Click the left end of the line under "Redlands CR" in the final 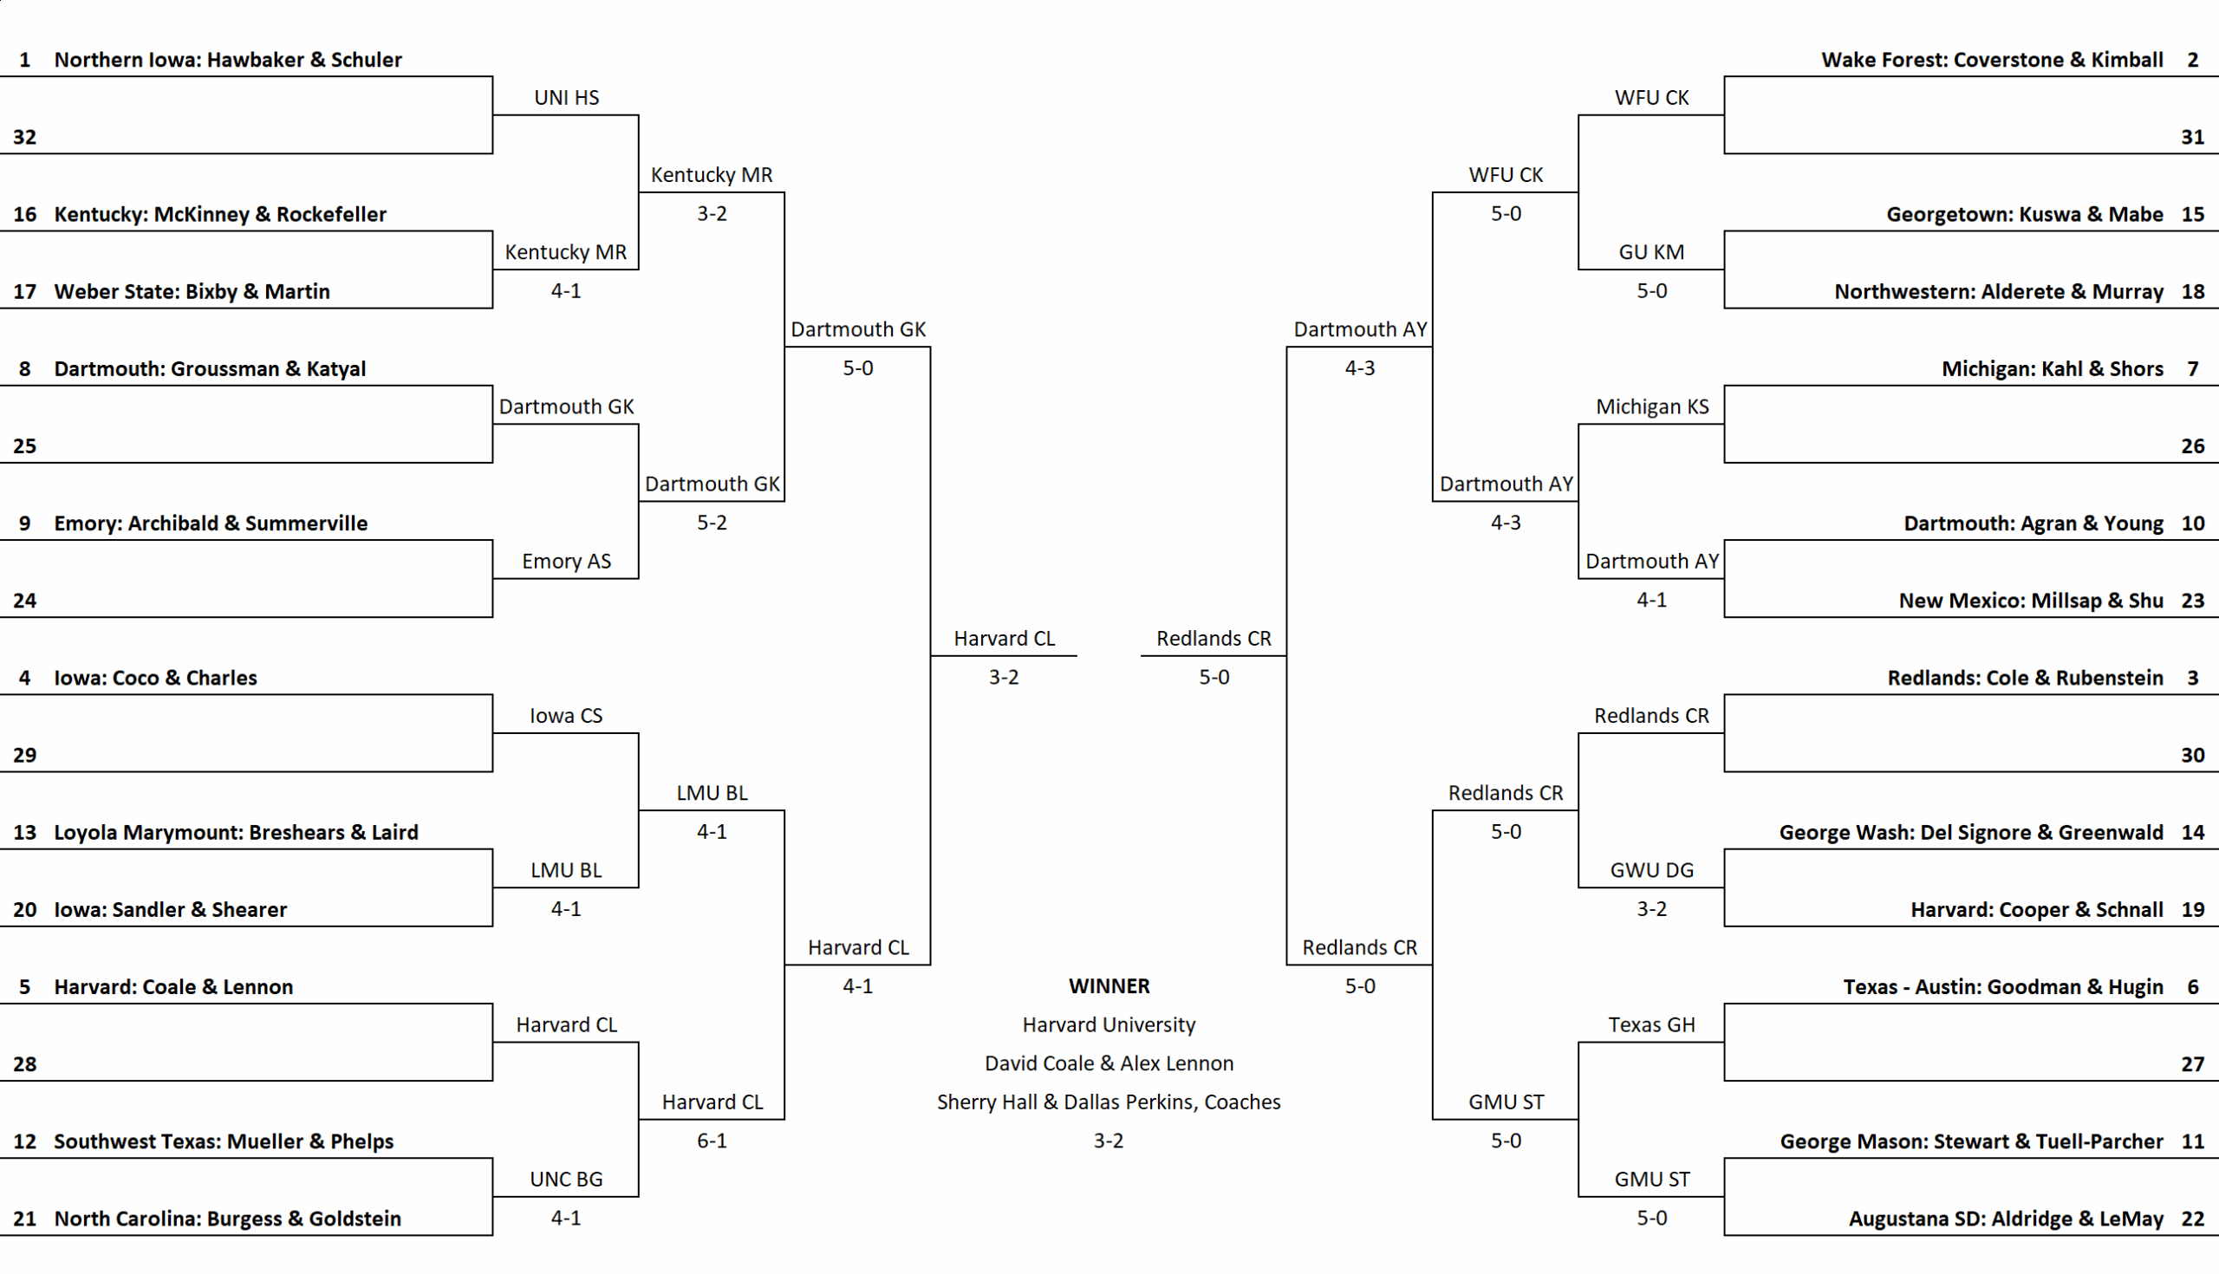click(x=1141, y=655)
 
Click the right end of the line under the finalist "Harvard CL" click(x=1077, y=655)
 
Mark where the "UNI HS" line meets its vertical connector click(x=639, y=114)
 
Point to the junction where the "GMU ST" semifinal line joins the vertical click(x=1432, y=1119)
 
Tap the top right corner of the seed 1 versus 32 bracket click(x=492, y=77)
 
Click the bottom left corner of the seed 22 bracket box click(x=1725, y=1236)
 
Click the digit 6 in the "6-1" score click(x=702, y=1141)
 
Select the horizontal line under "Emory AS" click(x=566, y=578)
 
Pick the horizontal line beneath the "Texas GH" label click(x=1651, y=1042)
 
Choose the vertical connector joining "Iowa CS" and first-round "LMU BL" click(x=639, y=810)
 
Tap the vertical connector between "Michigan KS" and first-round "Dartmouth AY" click(x=1578, y=502)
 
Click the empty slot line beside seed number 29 click(x=247, y=771)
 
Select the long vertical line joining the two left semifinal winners click(x=930, y=656)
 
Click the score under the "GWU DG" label click(x=1652, y=909)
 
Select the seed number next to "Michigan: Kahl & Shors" click(x=2193, y=369)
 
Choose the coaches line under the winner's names click(x=1109, y=1102)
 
